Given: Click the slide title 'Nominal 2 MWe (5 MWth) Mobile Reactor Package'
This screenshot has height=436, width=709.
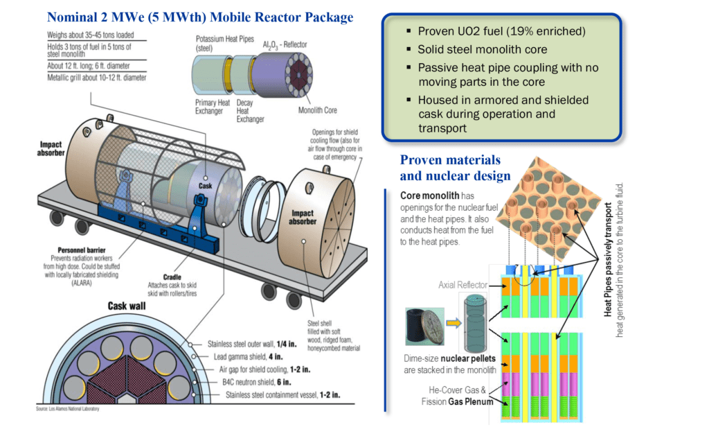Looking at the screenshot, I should pos(199,17).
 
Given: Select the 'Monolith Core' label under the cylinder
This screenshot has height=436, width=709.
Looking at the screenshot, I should pos(318,109).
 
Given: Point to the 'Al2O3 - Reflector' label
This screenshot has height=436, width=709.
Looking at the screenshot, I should pos(282,44).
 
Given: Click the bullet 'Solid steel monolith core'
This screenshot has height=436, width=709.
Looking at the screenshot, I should pos(482,50).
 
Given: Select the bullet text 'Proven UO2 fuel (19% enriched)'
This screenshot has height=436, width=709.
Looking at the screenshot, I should pos(501,32).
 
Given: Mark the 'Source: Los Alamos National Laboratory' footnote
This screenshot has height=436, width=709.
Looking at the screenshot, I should pos(67,409).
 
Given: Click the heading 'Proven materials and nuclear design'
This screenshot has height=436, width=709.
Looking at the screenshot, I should pos(455,168).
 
